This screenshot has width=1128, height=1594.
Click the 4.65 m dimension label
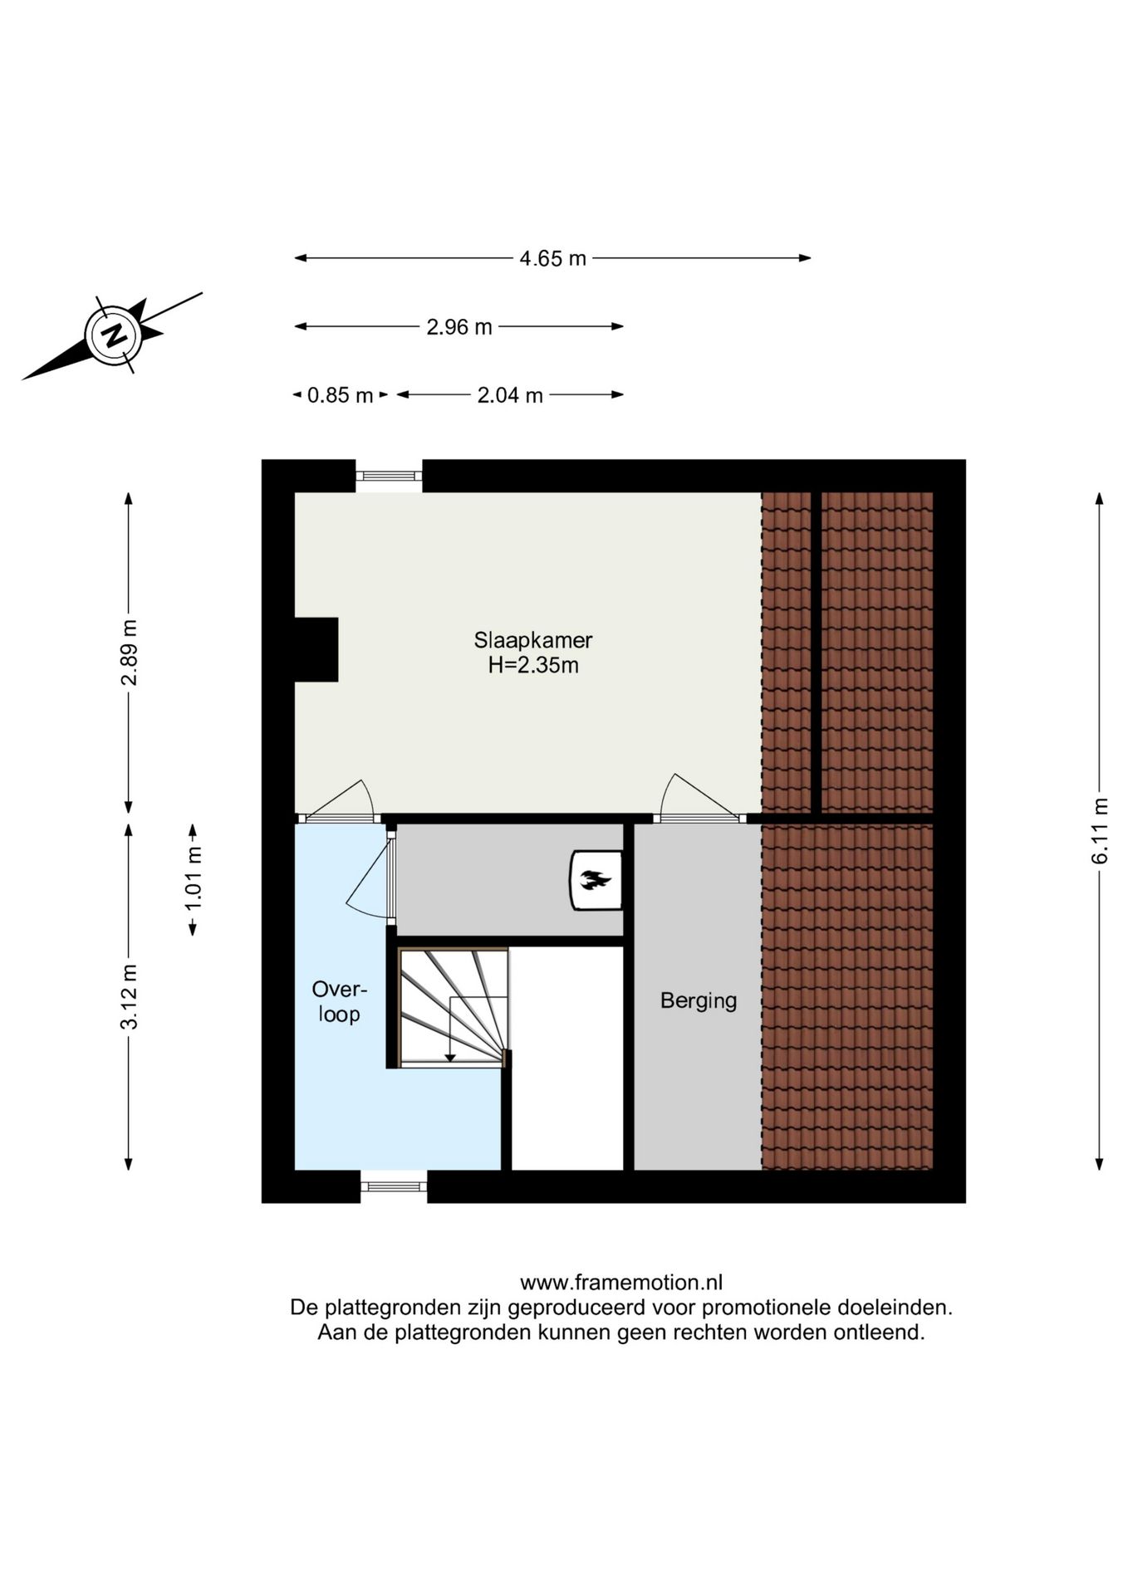click(552, 258)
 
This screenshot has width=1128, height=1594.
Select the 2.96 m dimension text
click(459, 327)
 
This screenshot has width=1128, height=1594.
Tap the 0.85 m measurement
click(340, 395)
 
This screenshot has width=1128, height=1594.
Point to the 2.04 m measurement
click(509, 395)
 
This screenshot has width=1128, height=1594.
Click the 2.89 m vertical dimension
click(130, 653)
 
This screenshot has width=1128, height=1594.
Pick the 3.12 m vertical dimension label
click(130, 996)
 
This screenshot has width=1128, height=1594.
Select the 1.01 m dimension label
click(194, 878)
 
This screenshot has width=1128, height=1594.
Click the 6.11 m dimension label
click(1100, 831)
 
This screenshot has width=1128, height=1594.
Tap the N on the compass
click(114, 335)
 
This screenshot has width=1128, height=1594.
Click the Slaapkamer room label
click(532, 640)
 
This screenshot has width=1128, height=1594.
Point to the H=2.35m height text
click(532, 665)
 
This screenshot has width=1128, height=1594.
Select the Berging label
click(698, 1000)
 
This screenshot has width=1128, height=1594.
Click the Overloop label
click(339, 1001)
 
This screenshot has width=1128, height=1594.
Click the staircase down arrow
click(450, 1056)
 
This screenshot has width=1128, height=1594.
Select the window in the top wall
click(389, 476)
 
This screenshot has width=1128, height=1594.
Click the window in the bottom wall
click(394, 1186)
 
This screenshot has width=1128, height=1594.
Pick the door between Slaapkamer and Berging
click(699, 818)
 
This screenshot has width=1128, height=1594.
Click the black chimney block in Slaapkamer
click(316, 649)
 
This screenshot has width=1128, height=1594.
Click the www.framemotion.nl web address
click(620, 1283)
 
